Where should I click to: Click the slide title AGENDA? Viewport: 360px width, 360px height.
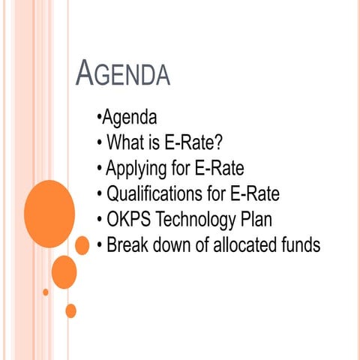click(124, 75)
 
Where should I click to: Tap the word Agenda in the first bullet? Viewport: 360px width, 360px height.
click(129, 118)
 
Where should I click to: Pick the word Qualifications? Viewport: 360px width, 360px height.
click(155, 193)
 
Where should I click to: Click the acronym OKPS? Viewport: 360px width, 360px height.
click(129, 219)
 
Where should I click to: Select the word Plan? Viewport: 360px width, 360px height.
click(272, 219)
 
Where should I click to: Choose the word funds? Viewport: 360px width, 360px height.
click(298, 244)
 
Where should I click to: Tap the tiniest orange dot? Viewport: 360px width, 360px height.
click(46, 292)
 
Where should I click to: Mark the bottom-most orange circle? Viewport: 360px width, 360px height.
click(71, 310)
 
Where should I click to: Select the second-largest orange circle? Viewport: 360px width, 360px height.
click(64, 271)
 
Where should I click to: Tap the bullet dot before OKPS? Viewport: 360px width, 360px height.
click(100, 220)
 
